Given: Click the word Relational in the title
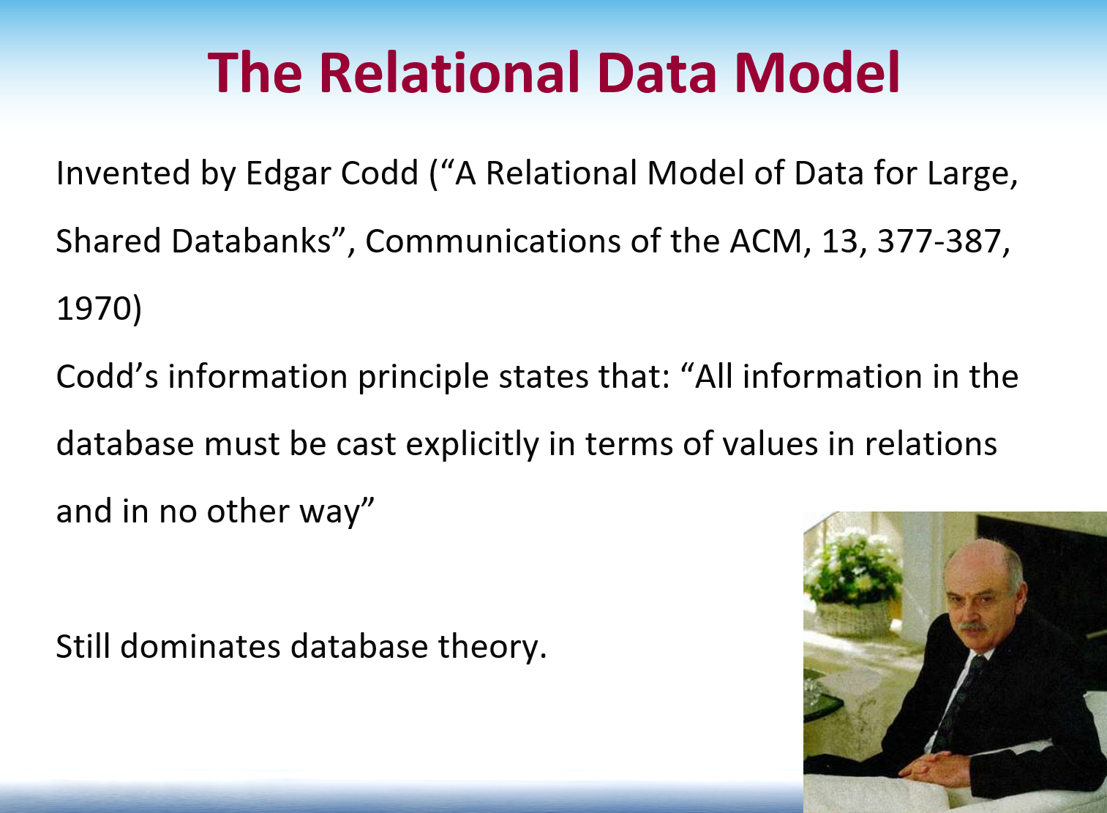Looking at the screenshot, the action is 449,72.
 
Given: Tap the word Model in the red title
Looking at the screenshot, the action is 817,72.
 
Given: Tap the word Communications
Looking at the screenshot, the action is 492,241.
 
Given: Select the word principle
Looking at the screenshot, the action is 423,377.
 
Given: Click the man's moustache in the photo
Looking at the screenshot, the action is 972,627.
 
